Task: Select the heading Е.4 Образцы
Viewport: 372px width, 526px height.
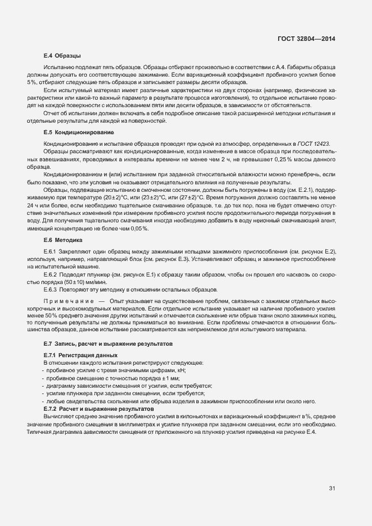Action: [x=62, y=56]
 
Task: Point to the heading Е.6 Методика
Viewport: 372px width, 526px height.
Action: [x=63, y=239]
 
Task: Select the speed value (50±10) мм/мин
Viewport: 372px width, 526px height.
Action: [x=82, y=282]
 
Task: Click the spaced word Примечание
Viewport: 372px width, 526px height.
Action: [x=68, y=301]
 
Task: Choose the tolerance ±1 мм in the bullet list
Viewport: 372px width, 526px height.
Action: [x=136, y=378]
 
